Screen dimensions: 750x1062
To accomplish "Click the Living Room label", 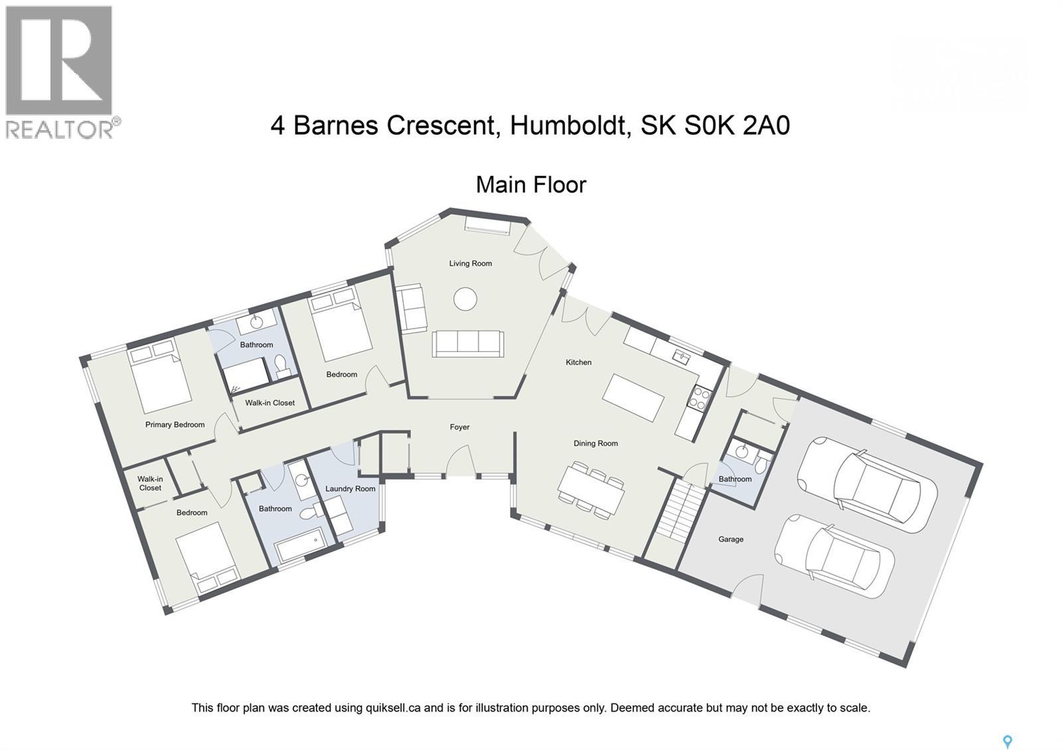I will [x=470, y=263].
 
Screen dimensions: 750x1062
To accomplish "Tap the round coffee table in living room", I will [x=465, y=299].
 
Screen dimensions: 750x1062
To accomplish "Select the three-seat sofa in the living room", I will [x=467, y=344].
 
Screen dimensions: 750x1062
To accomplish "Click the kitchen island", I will [x=633, y=398].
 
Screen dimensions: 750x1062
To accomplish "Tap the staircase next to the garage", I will [x=681, y=511].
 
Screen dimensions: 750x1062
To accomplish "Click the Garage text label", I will [x=730, y=540].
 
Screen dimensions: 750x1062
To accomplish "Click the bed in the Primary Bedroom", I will [x=159, y=375].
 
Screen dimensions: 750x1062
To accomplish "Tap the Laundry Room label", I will [x=350, y=489].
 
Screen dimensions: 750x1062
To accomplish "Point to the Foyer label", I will [x=459, y=427].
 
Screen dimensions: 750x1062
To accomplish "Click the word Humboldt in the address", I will [x=569, y=125].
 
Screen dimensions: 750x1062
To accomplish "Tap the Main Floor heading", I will [x=530, y=185].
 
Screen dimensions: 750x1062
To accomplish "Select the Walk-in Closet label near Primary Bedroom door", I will [x=269, y=403].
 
